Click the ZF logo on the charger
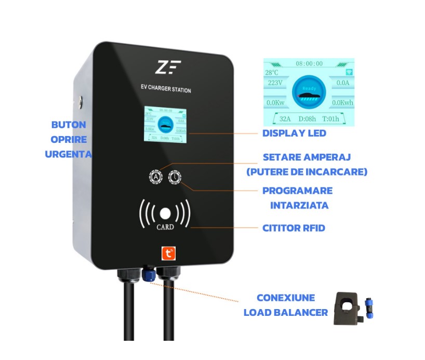pos(168,68)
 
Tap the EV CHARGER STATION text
pos(166,89)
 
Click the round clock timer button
pos(174,177)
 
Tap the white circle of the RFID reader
pos(165,213)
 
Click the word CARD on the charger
pos(165,227)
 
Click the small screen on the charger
pos(165,125)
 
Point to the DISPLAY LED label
pos(294,134)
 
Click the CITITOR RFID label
pos(294,228)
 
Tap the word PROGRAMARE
pos(297,191)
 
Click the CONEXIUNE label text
pos(285,298)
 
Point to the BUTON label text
pos(69,125)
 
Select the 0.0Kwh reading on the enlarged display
pos(342,103)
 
